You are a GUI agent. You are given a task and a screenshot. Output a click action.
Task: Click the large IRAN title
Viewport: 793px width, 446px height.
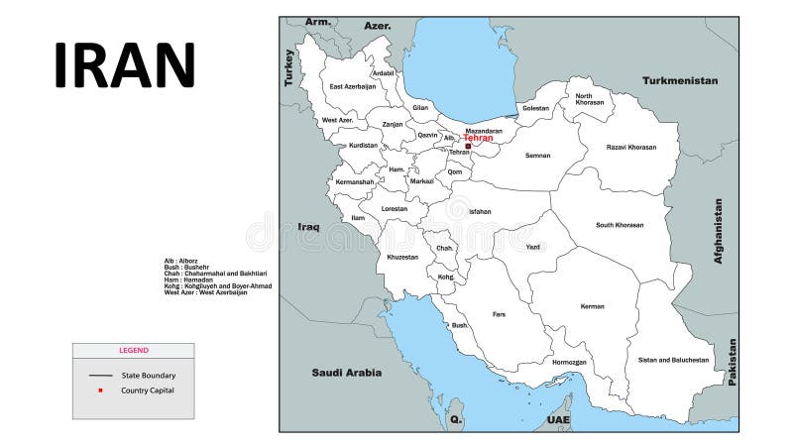pos(125,65)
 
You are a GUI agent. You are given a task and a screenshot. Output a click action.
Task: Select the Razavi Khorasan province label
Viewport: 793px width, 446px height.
pos(631,147)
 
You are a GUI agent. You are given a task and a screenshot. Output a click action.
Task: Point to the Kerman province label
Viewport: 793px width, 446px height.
pos(592,306)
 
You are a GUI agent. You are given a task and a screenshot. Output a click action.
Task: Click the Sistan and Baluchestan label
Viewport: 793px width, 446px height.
pos(673,360)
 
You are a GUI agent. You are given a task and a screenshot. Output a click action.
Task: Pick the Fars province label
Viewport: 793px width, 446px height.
pos(499,314)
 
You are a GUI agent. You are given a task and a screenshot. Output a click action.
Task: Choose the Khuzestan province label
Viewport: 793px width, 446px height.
pos(402,257)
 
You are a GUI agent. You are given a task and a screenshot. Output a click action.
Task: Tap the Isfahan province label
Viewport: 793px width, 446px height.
pos(480,211)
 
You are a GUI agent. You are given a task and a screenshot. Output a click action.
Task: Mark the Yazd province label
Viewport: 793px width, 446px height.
pos(533,247)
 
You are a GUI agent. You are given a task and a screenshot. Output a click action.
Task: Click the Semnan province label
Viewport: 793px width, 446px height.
pos(538,156)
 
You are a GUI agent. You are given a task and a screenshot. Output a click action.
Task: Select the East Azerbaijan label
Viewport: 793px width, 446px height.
pos(353,86)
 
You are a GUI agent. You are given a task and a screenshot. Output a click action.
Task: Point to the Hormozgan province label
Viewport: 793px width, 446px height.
pos(570,362)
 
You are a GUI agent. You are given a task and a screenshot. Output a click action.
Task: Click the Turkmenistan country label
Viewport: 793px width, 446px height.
pos(680,80)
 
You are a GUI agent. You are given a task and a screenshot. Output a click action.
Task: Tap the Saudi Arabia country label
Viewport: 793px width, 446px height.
pos(346,373)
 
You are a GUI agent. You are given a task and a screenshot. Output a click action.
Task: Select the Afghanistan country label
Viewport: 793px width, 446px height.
pos(719,230)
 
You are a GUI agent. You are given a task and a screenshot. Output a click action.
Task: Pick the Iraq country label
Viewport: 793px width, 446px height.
pos(308,227)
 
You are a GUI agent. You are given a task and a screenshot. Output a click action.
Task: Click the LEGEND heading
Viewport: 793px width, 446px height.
pos(134,350)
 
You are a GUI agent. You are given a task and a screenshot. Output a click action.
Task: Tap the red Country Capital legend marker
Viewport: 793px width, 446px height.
pos(100,390)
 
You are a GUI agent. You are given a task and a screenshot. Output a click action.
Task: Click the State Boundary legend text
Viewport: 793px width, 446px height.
pos(149,376)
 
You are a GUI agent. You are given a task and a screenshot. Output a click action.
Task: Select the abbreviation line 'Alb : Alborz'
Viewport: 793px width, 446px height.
pos(181,261)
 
